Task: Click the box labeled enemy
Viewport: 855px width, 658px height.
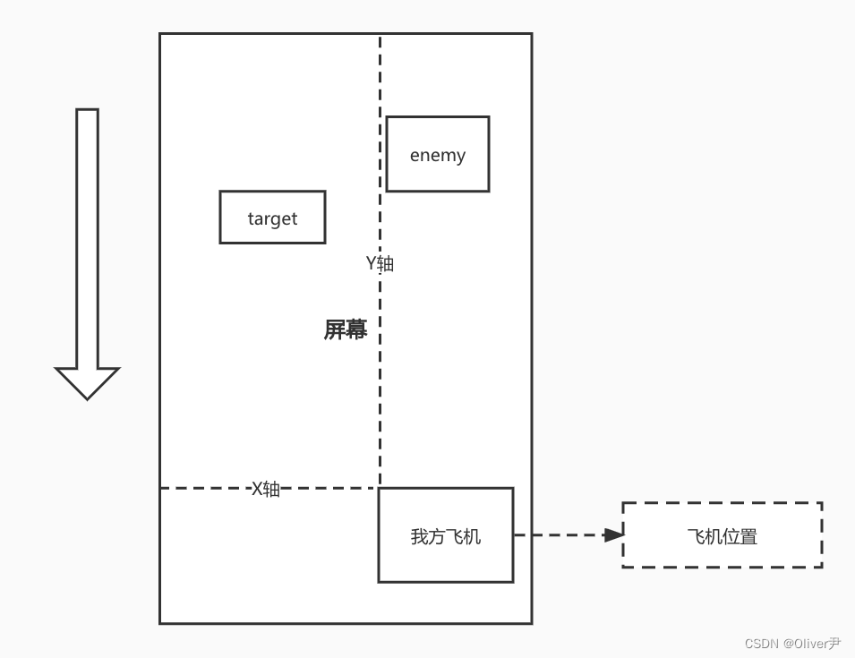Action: [x=437, y=154]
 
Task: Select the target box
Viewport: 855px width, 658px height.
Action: [x=272, y=218]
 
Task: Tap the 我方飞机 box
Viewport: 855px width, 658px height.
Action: [x=445, y=535]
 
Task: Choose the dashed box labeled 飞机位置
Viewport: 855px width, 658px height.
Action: [x=722, y=535]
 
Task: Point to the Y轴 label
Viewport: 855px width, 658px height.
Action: [x=380, y=263]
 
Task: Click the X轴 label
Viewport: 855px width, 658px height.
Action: [x=265, y=489]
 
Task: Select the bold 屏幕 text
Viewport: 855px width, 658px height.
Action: [x=345, y=329]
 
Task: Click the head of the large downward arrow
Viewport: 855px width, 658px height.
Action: [x=87, y=382]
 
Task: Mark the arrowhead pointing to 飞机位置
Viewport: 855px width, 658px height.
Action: [x=613, y=535]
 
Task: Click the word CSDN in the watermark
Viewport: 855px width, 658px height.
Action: [x=762, y=643]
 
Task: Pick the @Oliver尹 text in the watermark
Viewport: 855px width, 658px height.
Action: [x=812, y=643]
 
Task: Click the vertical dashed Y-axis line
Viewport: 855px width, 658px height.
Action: [x=380, y=403]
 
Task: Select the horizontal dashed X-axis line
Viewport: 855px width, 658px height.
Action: [x=206, y=488]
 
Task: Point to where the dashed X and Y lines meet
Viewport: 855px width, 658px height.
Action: [x=380, y=488]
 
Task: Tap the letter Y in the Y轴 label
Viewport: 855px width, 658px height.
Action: [x=372, y=263]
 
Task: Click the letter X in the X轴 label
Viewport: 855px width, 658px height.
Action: [x=257, y=489]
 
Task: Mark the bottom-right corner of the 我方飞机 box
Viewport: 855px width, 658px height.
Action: [x=513, y=582]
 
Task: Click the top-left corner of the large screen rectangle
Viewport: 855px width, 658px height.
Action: [x=160, y=34]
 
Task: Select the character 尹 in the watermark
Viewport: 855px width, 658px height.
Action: [x=834, y=643]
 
